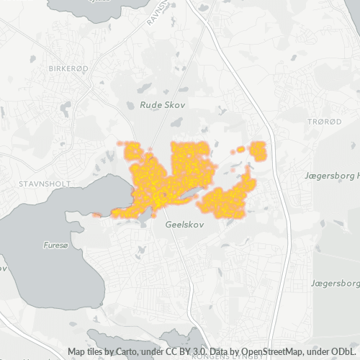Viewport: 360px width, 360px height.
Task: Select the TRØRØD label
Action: coord(325,122)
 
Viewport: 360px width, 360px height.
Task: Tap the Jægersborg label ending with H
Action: coord(331,175)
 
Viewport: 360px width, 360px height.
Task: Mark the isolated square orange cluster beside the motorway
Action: coord(257,151)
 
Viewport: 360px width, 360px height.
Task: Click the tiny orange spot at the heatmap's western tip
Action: coord(96,215)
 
